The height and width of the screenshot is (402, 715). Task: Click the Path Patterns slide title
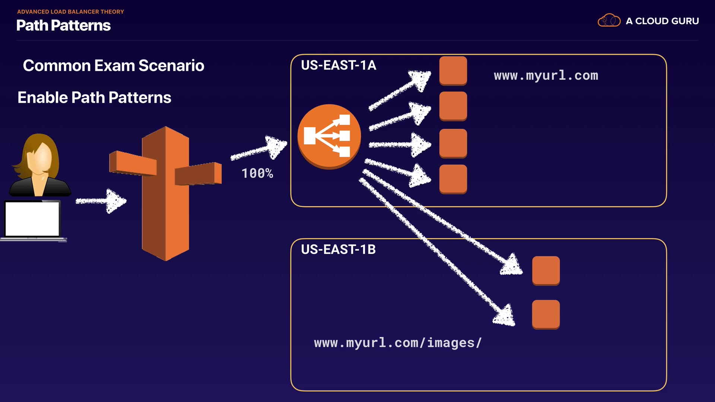63,25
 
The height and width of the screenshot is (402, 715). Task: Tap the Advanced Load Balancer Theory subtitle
70,12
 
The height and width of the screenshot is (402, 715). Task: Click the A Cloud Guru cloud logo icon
609,20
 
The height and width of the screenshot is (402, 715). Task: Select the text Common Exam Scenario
113,66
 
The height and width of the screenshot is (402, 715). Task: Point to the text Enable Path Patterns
94,98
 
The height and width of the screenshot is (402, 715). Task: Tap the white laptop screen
32,219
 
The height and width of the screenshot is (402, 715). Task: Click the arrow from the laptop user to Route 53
101,201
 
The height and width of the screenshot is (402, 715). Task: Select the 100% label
257,173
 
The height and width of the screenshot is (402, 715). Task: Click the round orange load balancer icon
329,136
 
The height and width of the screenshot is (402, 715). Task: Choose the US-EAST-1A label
338,66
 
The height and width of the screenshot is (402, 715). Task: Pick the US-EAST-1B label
338,249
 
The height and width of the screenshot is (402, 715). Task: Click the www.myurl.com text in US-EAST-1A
546,76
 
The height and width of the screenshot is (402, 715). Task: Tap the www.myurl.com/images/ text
398,343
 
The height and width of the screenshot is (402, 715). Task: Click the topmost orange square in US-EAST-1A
453,70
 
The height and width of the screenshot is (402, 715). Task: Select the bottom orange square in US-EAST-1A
453,179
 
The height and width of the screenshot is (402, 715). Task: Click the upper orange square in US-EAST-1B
546,271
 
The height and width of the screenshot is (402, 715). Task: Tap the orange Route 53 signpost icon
165,194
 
